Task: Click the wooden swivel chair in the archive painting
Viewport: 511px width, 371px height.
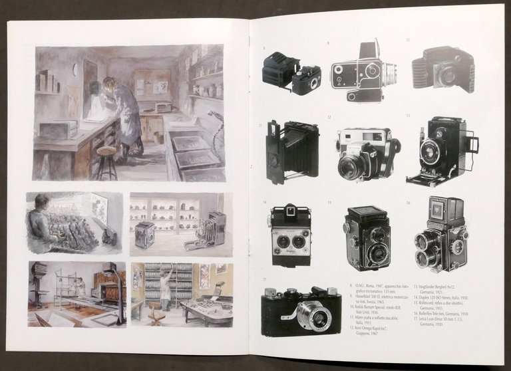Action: tap(156, 314)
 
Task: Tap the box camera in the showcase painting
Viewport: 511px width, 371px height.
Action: tap(144, 234)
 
